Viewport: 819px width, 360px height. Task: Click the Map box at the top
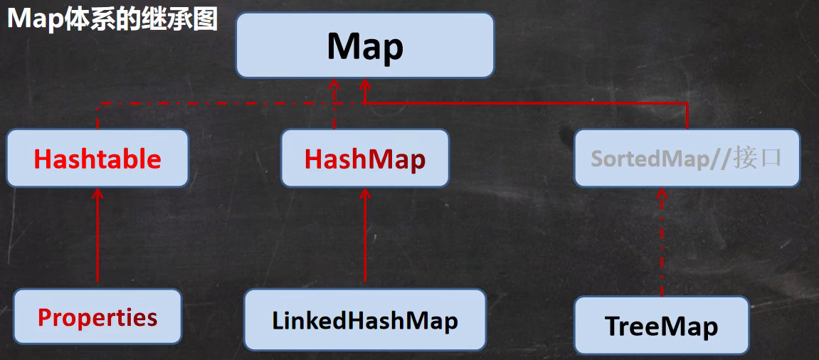(x=364, y=46)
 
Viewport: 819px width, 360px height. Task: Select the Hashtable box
(x=97, y=158)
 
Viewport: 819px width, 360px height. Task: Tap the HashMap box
(x=364, y=158)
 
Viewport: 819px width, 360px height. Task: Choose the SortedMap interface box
(x=687, y=158)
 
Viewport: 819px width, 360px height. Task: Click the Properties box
(x=97, y=317)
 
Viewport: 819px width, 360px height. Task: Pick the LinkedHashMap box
(x=364, y=319)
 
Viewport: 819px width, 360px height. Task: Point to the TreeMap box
(x=661, y=326)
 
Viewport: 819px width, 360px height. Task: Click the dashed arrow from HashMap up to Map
(x=334, y=107)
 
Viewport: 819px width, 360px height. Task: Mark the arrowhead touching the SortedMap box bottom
(x=662, y=194)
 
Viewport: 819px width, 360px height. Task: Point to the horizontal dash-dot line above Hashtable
(x=213, y=103)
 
